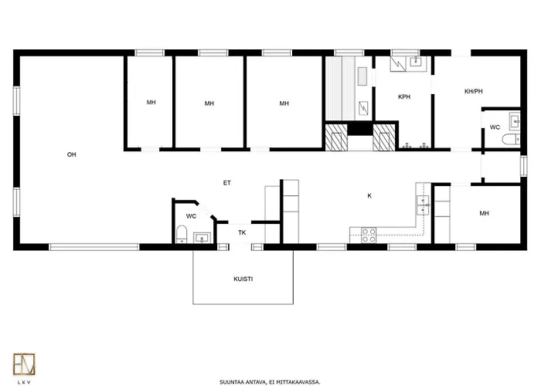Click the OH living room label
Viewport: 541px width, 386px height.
[71, 154]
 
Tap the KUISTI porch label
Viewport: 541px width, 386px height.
[243, 279]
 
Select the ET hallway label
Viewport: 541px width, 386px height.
[226, 183]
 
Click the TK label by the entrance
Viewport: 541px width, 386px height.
[242, 233]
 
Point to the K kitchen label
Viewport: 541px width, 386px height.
[369, 196]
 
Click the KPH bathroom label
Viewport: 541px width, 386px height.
[404, 96]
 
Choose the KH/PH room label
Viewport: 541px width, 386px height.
[473, 91]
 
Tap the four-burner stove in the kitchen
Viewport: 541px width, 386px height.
[369, 235]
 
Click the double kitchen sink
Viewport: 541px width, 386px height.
[423, 205]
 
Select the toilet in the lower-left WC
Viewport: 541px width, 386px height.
[182, 234]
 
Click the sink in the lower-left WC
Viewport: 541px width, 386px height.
[202, 238]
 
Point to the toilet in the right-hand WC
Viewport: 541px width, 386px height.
[511, 140]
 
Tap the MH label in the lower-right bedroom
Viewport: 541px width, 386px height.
[484, 213]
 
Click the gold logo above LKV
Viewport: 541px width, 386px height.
[24, 364]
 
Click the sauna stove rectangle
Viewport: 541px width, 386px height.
[362, 76]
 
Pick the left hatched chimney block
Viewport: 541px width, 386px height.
[335, 137]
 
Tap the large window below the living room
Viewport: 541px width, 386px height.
[94, 247]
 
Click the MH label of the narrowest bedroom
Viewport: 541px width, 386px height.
[151, 103]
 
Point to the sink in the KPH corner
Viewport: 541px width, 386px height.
[417, 62]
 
